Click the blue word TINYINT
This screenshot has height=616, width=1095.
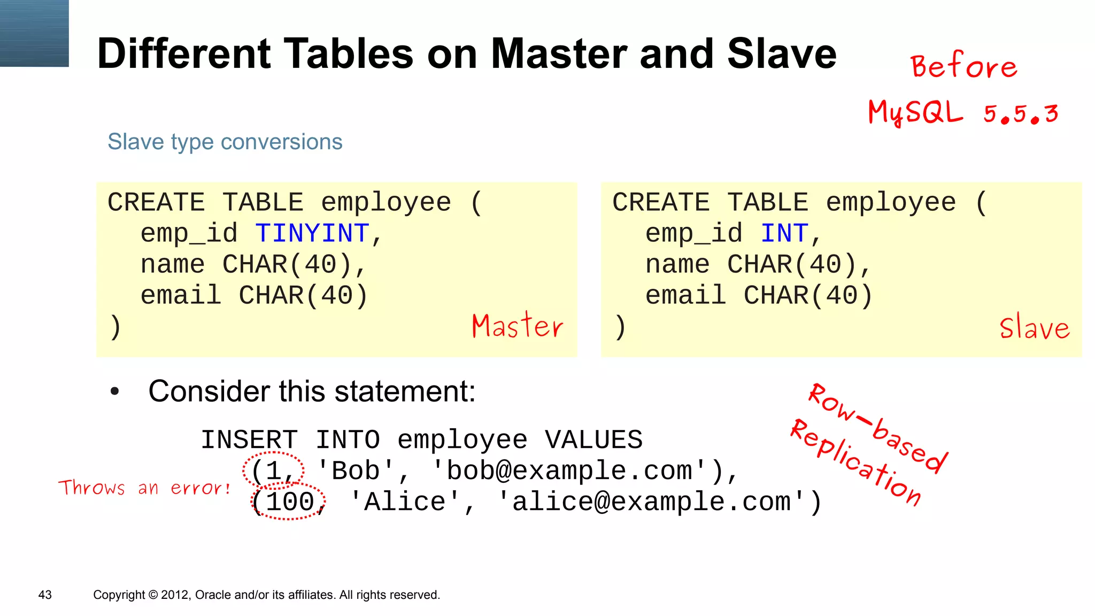point(312,234)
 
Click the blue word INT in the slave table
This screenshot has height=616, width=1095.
point(784,234)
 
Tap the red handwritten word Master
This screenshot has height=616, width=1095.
point(517,326)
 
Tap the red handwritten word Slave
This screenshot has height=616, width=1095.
point(1035,327)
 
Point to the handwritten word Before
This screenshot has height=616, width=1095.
point(964,66)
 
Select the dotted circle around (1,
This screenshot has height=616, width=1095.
point(273,471)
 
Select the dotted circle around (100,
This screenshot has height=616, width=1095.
point(288,502)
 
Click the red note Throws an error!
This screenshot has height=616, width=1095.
point(144,488)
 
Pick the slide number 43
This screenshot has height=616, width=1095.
point(45,595)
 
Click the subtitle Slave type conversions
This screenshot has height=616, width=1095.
point(225,142)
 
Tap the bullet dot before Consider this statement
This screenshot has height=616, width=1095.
point(114,392)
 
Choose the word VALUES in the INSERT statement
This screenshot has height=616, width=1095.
point(593,440)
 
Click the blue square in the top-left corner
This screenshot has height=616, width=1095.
point(34,33)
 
